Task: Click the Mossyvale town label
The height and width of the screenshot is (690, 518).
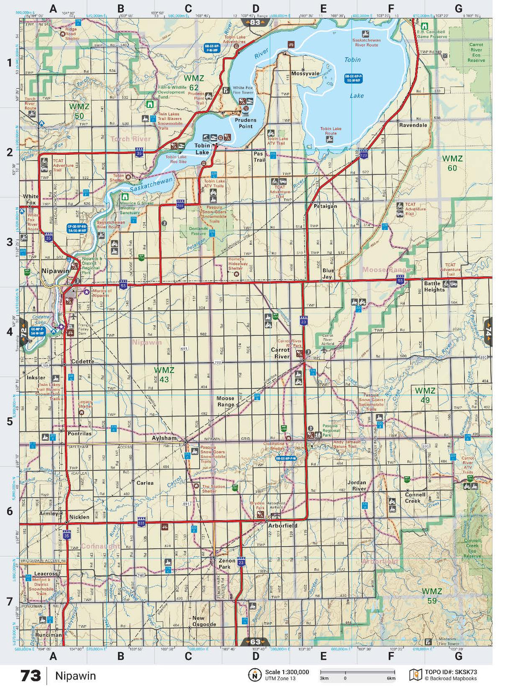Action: [x=305, y=74]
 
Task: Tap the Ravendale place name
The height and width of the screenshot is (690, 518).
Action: [x=413, y=125]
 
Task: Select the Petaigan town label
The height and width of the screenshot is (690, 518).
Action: [x=325, y=206]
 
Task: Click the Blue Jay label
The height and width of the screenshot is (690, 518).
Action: [x=328, y=274]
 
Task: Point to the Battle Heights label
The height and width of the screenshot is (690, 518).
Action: [x=434, y=287]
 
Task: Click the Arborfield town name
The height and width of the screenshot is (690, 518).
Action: [x=282, y=526]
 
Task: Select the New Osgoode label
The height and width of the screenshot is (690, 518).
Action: [x=204, y=621]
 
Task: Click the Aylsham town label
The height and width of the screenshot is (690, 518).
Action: [x=164, y=438]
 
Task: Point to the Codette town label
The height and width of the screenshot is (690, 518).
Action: [x=82, y=362]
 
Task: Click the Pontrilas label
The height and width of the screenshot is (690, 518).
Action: [x=79, y=434]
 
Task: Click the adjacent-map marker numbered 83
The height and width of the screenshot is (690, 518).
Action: [x=255, y=22]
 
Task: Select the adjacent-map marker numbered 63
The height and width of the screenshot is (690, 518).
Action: [x=255, y=642]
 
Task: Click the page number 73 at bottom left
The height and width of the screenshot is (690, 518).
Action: [x=31, y=676]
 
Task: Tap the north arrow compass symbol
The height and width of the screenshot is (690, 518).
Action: [x=255, y=675]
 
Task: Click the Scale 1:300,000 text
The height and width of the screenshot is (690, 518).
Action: [x=287, y=672]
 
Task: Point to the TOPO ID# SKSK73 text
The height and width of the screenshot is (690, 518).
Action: [x=451, y=672]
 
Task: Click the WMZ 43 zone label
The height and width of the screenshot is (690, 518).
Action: [x=164, y=375]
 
